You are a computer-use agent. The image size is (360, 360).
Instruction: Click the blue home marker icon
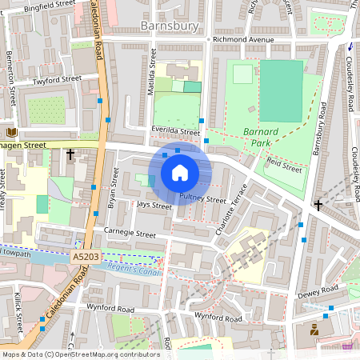tap(180, 173)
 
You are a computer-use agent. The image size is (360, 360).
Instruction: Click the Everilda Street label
tap(174, 132)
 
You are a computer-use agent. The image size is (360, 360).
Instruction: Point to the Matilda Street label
tap(151, 72)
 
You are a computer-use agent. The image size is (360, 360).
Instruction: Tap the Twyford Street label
tap(58, 80)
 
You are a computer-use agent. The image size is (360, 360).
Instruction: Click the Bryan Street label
tap(113, 188)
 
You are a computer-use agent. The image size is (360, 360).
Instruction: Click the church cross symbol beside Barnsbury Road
tap(318, 206)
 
